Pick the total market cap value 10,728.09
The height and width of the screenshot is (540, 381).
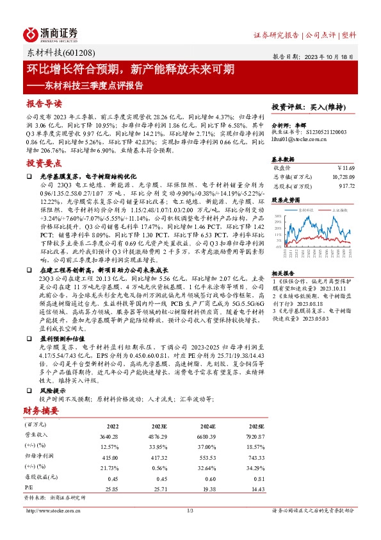click(339, 176)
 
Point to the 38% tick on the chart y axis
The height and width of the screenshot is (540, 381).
click(277, 215)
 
